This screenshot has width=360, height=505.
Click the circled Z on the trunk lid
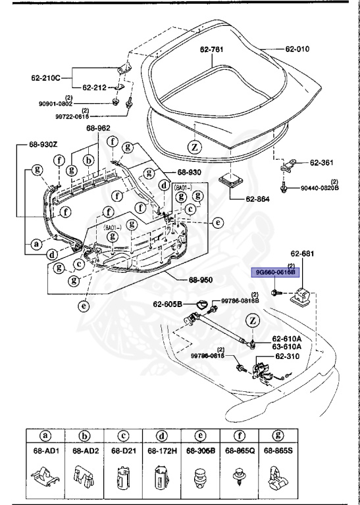[194, 147]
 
